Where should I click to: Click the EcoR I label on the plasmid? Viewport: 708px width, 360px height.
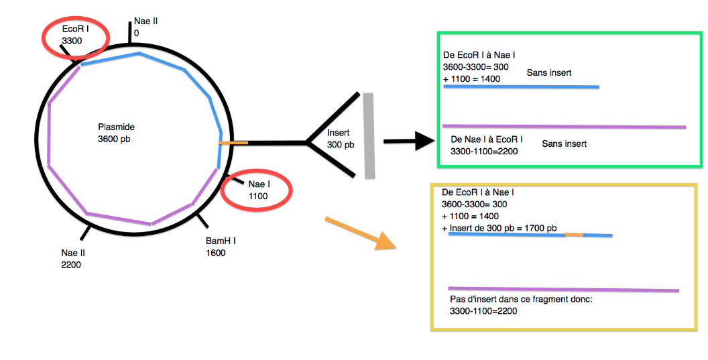[x=75, y=29]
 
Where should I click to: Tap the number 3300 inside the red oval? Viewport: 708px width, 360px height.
[x=71, y=41]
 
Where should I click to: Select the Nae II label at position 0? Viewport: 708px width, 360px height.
[x=145, y=21]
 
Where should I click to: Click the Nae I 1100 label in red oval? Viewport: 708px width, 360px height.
[x=258, y=190]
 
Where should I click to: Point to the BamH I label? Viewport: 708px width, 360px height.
[x=221, y=241]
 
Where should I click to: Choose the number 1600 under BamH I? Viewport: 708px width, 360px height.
[x=216, y=253]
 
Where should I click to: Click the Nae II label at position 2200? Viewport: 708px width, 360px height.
[x=73, y=253]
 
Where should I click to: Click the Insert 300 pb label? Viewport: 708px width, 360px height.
[x=339, y=139]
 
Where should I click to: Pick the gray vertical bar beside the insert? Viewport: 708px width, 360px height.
[x=369, y=136]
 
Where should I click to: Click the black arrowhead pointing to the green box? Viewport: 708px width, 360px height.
[x=424, y=141]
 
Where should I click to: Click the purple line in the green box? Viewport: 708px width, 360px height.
[x=564, y=126]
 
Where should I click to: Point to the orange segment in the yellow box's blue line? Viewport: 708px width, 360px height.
[x=574, y=235]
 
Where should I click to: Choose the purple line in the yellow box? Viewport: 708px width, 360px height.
[x=563, y=289]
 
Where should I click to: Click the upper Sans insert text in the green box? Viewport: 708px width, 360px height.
[x=548, y=72]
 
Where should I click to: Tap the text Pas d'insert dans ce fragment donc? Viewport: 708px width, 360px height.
[x=521, y=299]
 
